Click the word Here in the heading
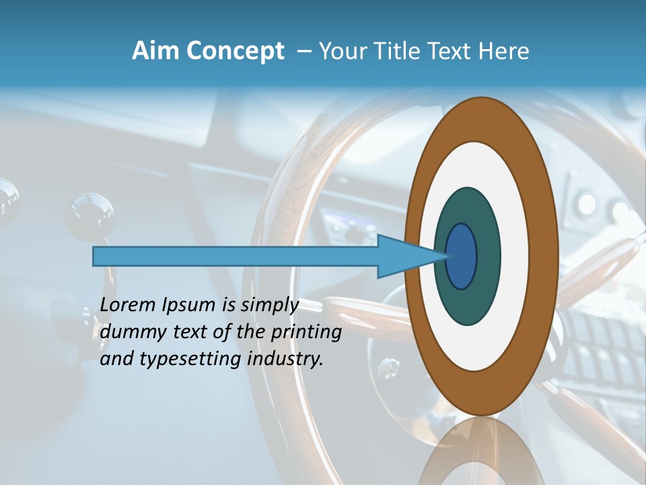503,51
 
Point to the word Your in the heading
342,51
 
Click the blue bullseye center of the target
462,257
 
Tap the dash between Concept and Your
303,51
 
